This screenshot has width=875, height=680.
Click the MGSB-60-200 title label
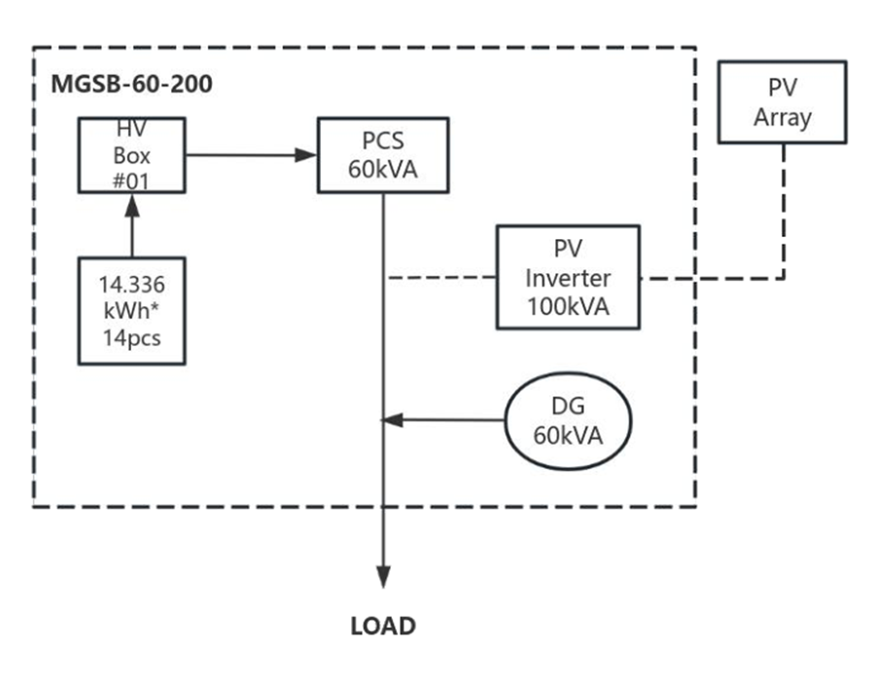(x=131, y=84)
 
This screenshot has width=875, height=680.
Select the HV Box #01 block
(x=131, y=156)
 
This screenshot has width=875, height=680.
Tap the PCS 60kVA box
(x=383, y=154)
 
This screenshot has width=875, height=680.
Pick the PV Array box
(x=782, y=103)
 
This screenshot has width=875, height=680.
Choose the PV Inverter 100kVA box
(x=568, y=278)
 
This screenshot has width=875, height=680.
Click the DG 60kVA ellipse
(x=568, y=421)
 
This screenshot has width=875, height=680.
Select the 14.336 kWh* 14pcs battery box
(x=131, y=311)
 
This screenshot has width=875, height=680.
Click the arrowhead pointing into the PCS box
(x=309, y=154)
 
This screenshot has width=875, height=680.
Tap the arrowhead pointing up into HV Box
(x=131, y=205)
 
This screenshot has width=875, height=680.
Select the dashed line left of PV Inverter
(x=441, y=278)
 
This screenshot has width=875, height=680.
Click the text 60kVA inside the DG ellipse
(x=568, y=434)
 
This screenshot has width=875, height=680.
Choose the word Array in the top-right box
(x=782, y=118)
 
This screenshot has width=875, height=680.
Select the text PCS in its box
(x=383, y=142)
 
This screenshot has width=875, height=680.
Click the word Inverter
(x=568, y=279)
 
